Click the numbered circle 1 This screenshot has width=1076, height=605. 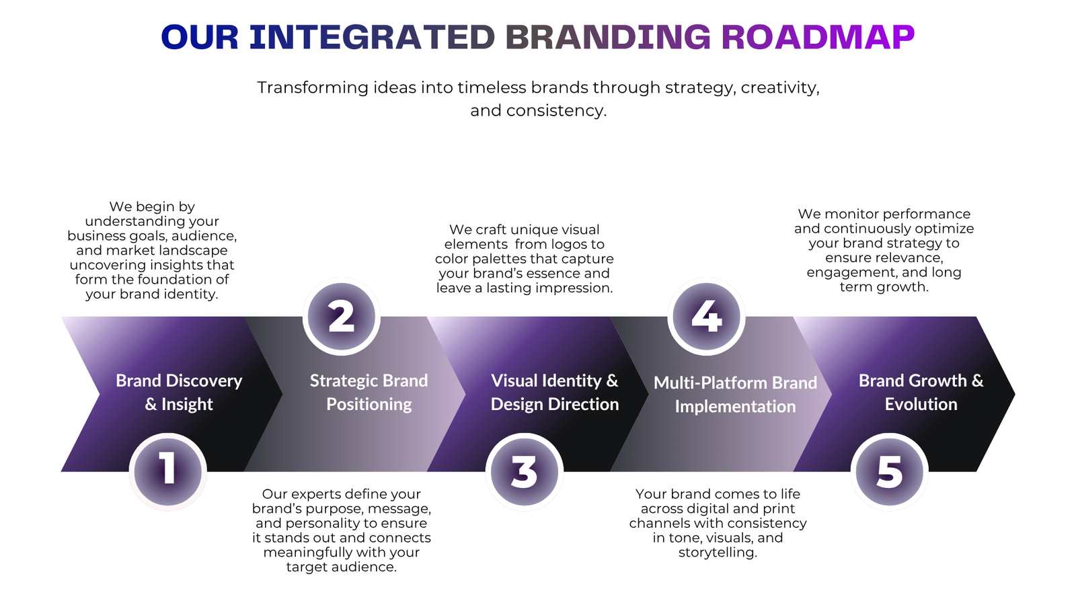click(x=167, y=471)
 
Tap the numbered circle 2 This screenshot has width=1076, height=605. click(x=342, y=317)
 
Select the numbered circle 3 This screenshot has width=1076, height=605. click(x=524, y=471)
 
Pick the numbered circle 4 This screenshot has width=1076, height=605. click(x=707, y=317)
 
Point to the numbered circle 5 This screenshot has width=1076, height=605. click(x=890, y=471)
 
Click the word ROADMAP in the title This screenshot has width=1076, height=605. click(x=818, y=37)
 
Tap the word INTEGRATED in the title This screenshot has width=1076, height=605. click(x=373, y=37)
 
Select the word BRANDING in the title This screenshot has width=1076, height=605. click(x=608, y=37)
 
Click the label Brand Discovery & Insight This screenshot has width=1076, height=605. click(x=179, y=393)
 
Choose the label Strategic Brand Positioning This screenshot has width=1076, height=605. click(x=369, y=393)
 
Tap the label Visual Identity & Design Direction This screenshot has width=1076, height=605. click(x=555, y=393)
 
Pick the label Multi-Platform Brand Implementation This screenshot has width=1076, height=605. click(x=736, y=394)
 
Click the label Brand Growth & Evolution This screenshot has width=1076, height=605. click(x=921, y=393)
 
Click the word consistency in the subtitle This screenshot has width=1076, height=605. click(x=557, y=110)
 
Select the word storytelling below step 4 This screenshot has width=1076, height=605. click(x=718, y=553)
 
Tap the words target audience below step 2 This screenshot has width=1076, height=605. click(x=342, y=567)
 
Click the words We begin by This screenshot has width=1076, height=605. click(x=152, y=207)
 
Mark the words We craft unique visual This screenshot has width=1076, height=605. click(x=525, y=229)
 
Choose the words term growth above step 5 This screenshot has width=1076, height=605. click(x=884, y=287)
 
